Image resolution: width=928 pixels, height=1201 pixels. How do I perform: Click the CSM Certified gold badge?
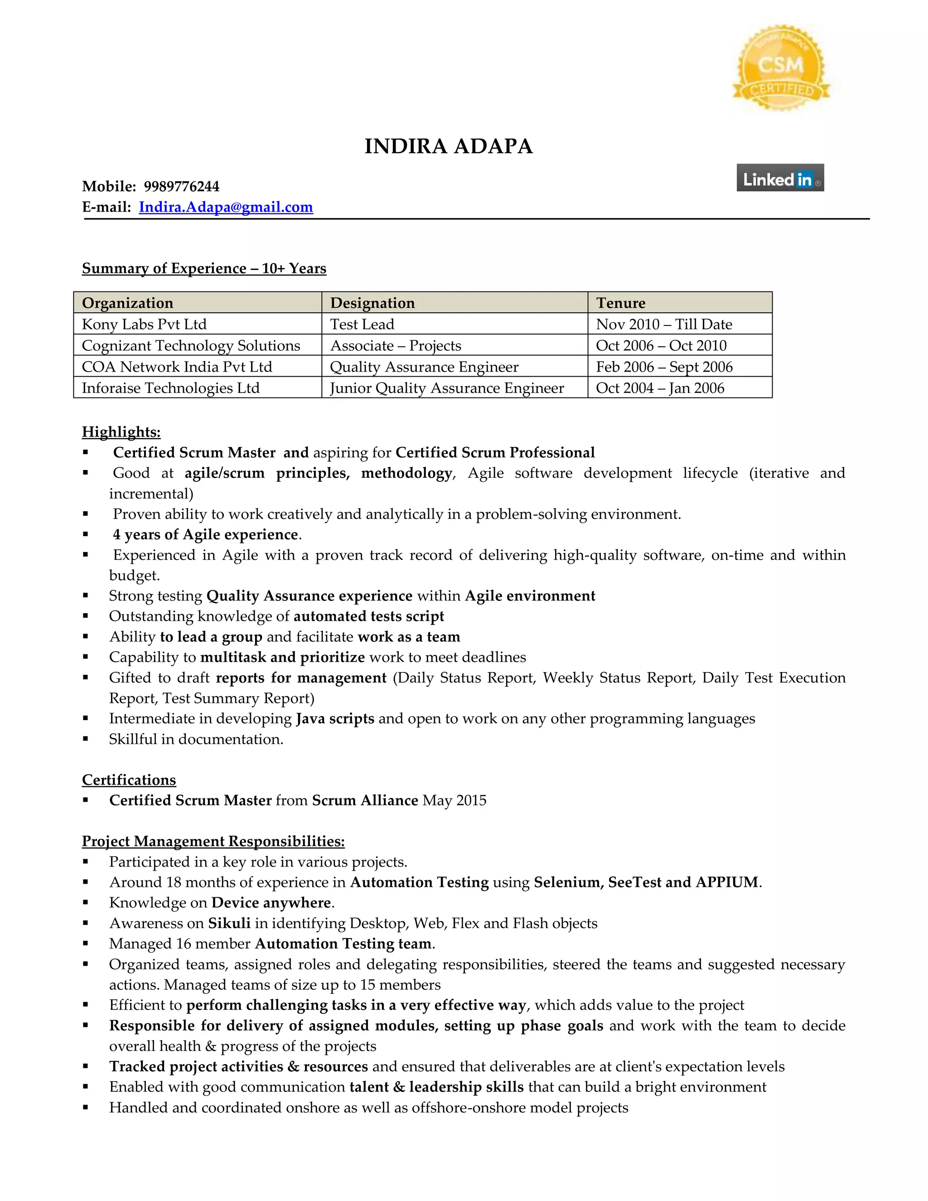(781, 68)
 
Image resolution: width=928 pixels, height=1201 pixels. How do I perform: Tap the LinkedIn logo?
(779, 178)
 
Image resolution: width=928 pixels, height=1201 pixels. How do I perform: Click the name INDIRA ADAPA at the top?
(448, 146)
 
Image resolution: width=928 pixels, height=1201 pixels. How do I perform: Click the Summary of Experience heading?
(204, 268)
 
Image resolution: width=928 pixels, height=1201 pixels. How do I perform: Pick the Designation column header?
(372, 303)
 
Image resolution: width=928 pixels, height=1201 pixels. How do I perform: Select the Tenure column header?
(621, 303)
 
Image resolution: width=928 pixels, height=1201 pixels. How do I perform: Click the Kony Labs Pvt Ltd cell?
(144, 324)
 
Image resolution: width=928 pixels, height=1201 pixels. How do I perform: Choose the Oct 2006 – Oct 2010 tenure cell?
(661, 346)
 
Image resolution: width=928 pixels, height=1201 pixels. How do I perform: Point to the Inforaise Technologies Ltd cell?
(170, 388)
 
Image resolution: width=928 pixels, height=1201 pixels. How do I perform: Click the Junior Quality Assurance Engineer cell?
(446, 388)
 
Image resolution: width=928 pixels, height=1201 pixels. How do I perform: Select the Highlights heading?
(121, 432)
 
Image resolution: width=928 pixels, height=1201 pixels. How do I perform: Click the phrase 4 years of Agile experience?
(205, 534)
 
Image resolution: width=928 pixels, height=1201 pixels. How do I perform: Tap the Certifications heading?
(129, 780)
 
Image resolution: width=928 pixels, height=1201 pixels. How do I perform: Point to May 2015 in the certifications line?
(454, 801)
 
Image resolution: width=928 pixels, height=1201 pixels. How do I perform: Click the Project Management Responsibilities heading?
(213, 841)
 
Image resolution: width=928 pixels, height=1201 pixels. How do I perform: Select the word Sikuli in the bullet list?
(229, 923)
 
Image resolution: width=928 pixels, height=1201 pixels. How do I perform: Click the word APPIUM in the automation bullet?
(727, 882)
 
